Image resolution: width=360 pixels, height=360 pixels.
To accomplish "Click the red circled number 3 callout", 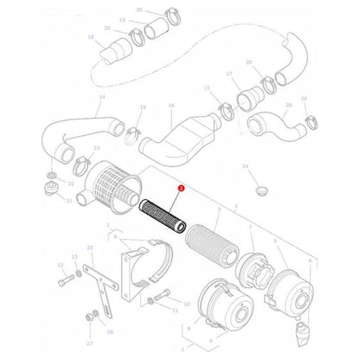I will pyautogui.click(x=181, y=186).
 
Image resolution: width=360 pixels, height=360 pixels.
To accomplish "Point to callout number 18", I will pyautogui.click(x=91, y=37).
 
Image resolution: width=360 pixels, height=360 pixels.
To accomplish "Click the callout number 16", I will pyautogui.click(x=171, y=106).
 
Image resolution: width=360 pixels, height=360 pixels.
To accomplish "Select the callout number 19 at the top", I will pyautogui.click(x=122, y=19).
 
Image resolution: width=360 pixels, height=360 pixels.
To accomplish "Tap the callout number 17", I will pyautogui.click(x=229, y=74).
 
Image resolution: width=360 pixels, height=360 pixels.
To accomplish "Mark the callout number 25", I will pyautogui.click(x=89, y=248).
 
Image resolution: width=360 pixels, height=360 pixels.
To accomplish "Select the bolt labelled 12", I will pyautogui.click(x=66, y=281).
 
